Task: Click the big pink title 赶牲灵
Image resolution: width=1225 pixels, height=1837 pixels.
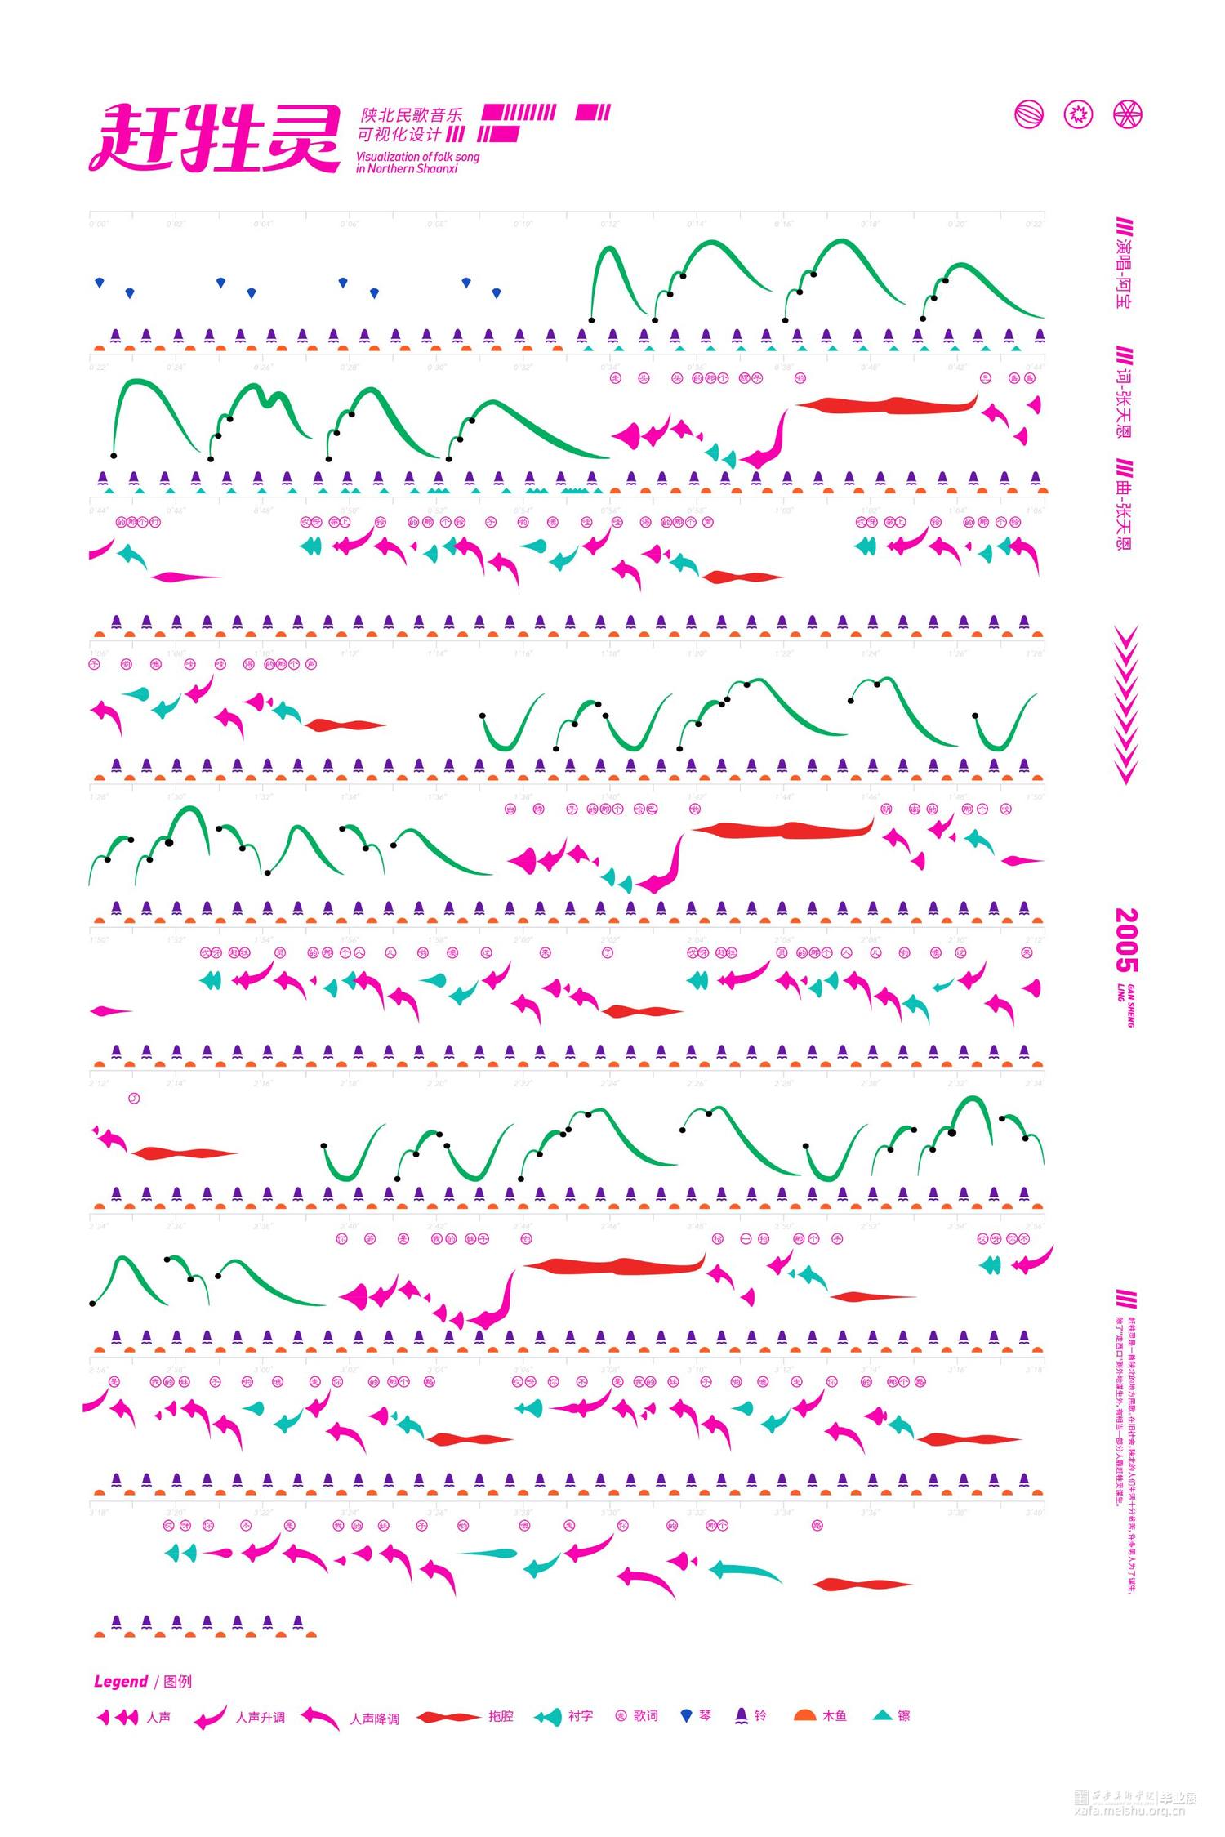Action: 214,138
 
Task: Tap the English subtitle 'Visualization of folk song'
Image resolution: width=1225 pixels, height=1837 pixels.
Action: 417,156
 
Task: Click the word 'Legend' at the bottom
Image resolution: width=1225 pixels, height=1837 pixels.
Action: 120,1681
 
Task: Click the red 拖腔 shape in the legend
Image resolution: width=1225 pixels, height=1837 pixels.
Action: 448,1717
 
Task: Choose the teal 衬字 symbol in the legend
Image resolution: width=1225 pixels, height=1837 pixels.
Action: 548,1717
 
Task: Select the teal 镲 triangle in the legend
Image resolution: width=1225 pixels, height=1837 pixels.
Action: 883,1715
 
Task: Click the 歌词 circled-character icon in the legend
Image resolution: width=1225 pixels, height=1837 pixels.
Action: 620,1715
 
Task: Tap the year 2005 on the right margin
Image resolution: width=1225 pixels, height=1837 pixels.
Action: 1126,940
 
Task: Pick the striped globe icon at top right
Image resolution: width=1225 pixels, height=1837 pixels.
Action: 1029,114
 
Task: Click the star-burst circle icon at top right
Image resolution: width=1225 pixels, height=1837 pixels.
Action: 1078,114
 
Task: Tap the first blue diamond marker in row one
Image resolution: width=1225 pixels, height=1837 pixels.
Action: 100,283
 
